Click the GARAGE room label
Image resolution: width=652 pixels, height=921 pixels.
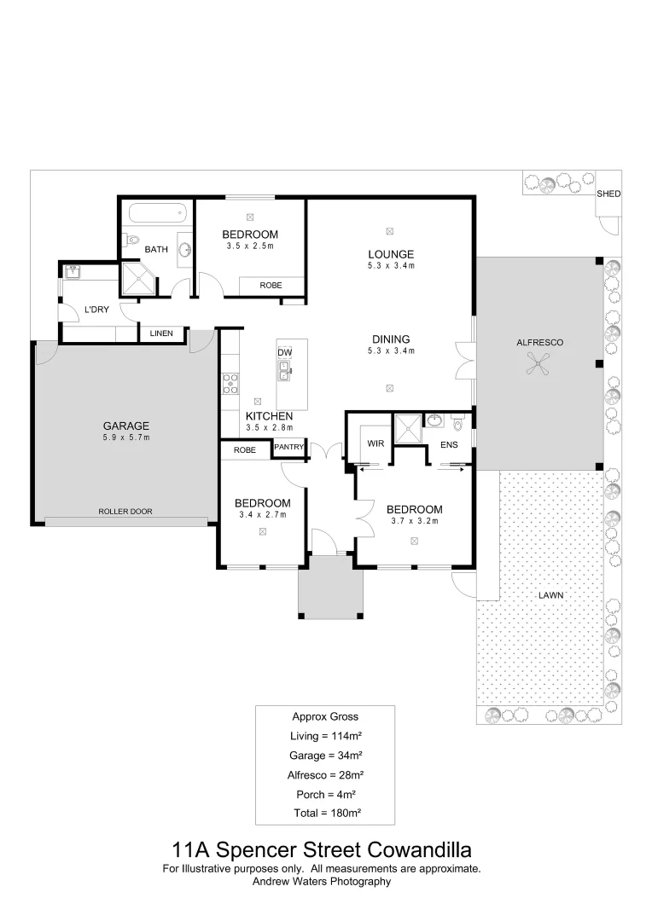[x=126, y=426]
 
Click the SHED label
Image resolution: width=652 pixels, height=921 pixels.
[x=608, y=194]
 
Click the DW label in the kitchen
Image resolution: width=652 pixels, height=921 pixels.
[x=285, y=352]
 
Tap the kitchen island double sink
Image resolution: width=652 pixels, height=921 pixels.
[x=285, y=370]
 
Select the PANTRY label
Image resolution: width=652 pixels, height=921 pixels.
[x=289, y=447]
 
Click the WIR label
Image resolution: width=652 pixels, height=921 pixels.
[x=375, y=443]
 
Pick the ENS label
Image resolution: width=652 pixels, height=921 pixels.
[x=449, y=444]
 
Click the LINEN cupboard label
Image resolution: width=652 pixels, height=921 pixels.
[x=162, y=333]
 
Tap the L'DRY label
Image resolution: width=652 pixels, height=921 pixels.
[x=96, y=310]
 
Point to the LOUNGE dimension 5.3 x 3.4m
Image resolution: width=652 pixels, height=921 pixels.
[x=391, y=266]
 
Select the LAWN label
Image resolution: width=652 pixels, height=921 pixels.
[x=550, y=595]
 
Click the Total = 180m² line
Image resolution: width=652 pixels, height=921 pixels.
[x=325, y=814]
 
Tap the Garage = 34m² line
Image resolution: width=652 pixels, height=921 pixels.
[x=325, y=756]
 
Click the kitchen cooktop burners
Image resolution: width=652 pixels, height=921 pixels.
[x=229, y=385]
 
